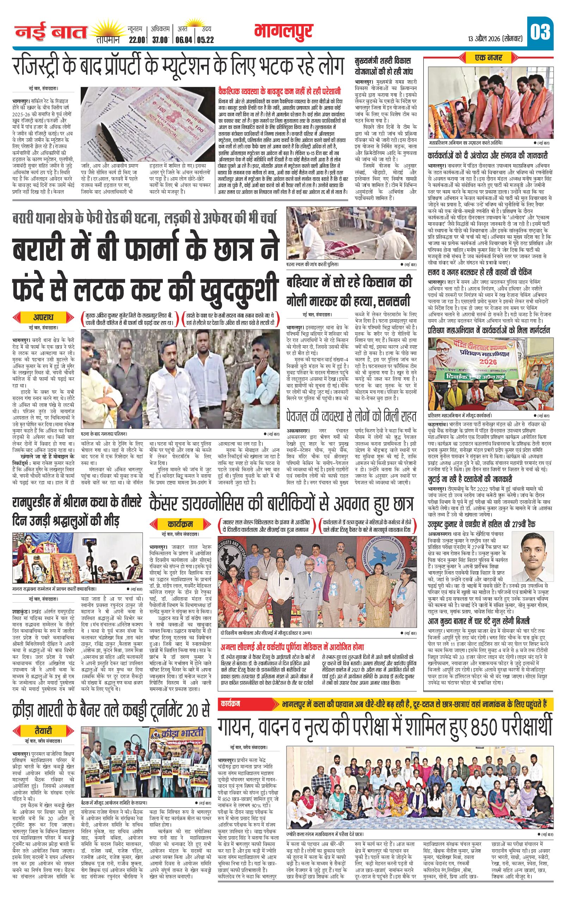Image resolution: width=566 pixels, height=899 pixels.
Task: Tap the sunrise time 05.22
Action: pos(206,40)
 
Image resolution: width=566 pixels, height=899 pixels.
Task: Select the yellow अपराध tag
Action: pos(43,317)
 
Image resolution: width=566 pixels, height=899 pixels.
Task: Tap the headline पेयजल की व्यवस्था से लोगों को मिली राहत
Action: pos(350,416)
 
